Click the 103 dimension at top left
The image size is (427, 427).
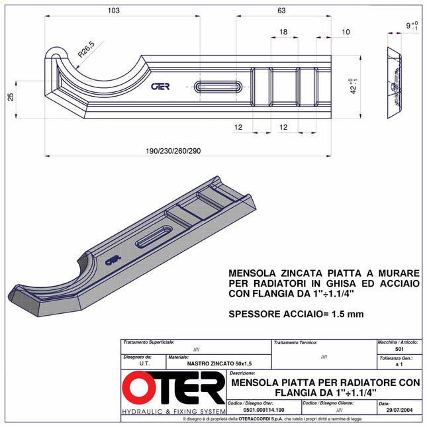114,10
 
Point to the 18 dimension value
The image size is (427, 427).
283,32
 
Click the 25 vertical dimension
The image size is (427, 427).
11,97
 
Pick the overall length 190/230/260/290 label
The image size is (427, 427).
173,151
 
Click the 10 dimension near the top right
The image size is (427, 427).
346,32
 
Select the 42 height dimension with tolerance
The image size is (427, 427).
354,86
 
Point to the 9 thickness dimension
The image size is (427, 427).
411,26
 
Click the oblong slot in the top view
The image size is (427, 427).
218,86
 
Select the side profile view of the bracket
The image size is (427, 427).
395,83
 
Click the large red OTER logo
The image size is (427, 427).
173,390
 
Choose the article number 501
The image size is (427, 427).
399,349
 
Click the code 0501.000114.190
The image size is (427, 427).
263,410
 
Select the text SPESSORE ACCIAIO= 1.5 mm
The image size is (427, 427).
296,314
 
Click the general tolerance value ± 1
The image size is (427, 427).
399,364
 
